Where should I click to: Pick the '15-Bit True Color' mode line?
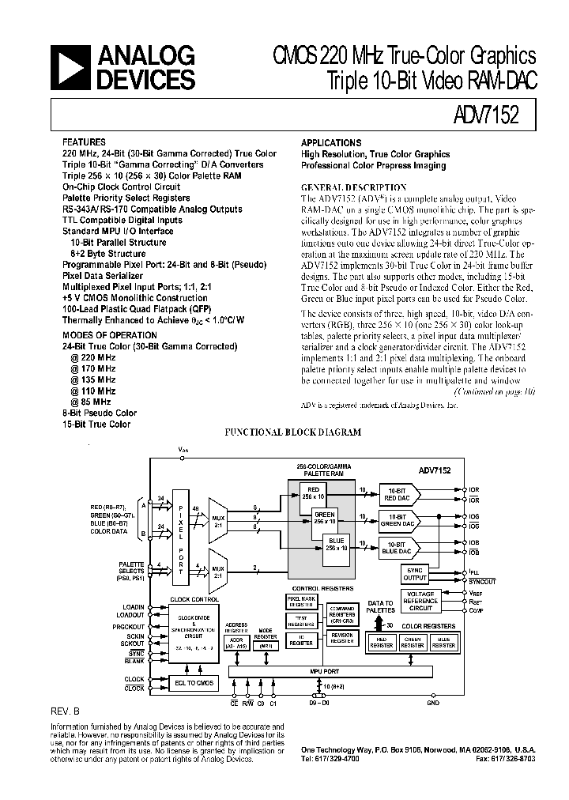[x=96, y=425]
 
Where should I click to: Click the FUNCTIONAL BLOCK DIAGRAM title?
[x=293, y=433]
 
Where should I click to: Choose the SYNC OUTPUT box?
[x=415, y=573]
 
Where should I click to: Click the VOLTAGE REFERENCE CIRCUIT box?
[x=420, y=601]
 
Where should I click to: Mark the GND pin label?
[x=433, y=701]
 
